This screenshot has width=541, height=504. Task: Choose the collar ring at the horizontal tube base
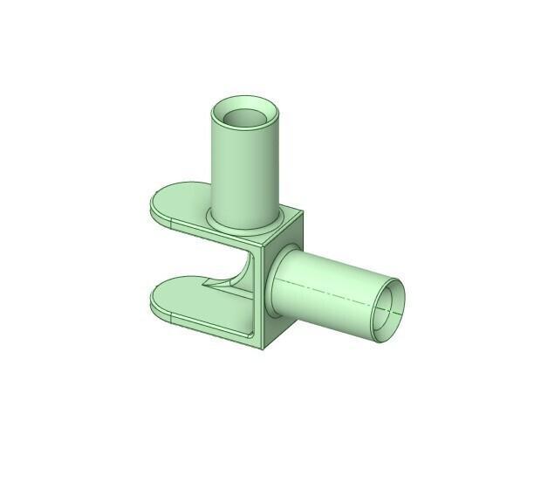click(268, 288)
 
